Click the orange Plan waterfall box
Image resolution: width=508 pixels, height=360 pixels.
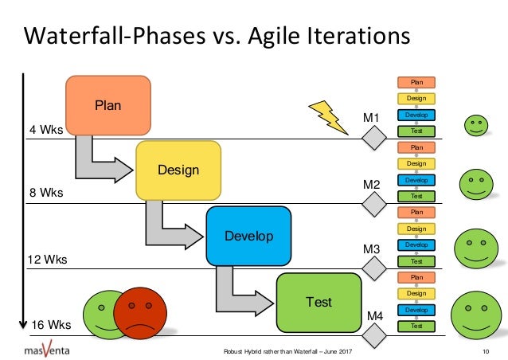click(108, 104)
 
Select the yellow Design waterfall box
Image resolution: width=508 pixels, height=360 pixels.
click(178, 170)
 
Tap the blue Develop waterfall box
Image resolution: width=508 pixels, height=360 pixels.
click(248, 236)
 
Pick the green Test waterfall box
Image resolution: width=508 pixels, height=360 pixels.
click(318, 302)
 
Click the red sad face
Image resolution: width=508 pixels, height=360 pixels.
click(140, 313)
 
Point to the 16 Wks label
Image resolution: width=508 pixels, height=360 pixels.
click(51, 325)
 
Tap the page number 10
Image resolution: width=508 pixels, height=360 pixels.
click(485, 351)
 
